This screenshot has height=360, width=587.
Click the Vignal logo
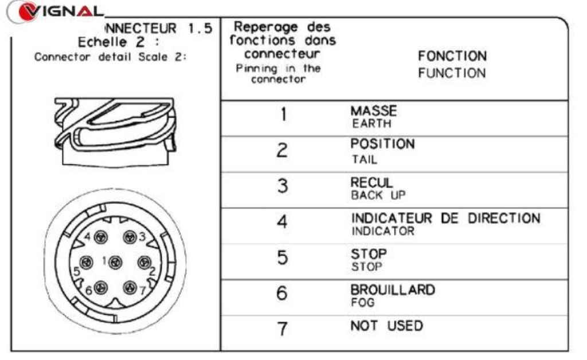[x=56, y=11]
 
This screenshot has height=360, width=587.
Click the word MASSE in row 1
[x=373, y=111]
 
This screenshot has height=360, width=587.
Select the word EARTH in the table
[x=371, y=123]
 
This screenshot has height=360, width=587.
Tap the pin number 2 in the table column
[x=282, y=150]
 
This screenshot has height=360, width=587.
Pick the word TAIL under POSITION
[x=364, y=160]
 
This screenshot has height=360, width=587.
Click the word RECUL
[x=371, y=183]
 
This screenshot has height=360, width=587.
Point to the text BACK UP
[x=378, y=195]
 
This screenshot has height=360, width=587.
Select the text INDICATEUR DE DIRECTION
[x=445, y=218]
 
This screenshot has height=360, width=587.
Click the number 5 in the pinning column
[x=282, y=258]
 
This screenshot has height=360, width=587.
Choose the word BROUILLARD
[x=393, y=290]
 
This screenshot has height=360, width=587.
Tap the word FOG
[x=362, y=302]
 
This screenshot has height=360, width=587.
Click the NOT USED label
[x=387, y=326]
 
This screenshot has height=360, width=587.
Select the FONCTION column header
[x=452, y=56]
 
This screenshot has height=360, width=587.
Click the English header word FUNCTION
[x=452, y=73]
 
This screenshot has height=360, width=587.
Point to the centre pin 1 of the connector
[x=115, y=263]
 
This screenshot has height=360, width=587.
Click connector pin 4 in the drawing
[x=100, y=237]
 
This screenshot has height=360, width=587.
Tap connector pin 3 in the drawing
[x=130, y=237]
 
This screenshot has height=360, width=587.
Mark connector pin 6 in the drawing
[x=100, y=288]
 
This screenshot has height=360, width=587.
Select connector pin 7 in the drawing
[x=130, y=288]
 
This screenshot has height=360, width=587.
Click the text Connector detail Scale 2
[x=111, y=57]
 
